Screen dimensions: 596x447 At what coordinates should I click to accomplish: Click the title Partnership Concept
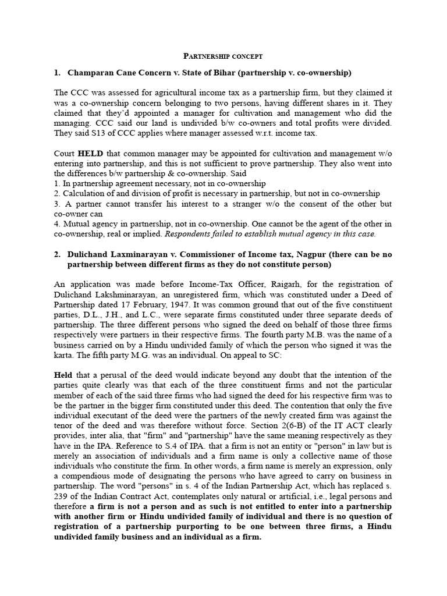coord(223,56)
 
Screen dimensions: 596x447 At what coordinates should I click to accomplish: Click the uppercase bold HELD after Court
coord(90,152)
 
